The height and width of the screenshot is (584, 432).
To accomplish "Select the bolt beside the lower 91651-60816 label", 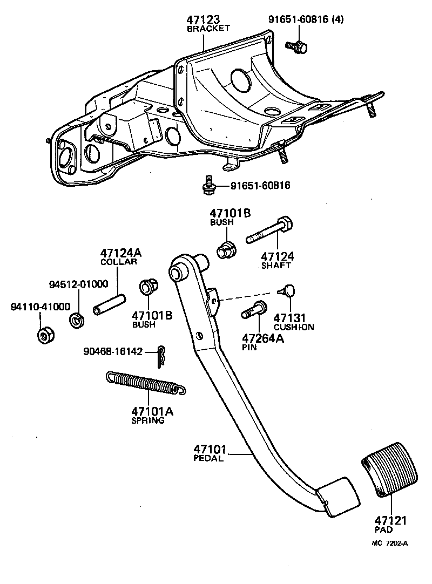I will pyautogui.click(x=207, y=186).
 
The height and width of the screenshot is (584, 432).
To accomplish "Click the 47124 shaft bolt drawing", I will pyautogui.click(x=270, y=232).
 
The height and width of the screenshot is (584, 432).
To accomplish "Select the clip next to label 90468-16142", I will pyautogui.click(x=160, y=357).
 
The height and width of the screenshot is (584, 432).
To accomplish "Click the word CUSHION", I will pyautogui.click(x=294, y=327).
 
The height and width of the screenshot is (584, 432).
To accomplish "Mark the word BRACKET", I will pyautogui.click(x=208, y=29).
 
